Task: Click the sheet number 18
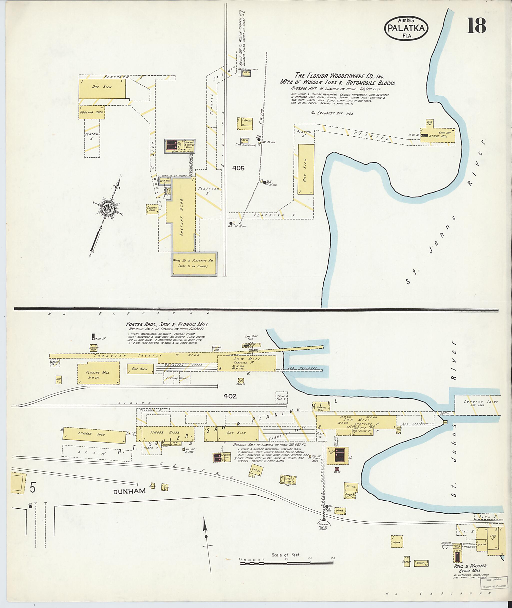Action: pos(476,25)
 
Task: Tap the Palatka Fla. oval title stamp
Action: pos(406,29)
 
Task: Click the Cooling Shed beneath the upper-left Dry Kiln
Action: pos(92,112)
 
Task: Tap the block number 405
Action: pos(238,168)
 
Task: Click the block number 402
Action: pos(230,396)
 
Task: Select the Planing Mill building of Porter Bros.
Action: pos(98,373)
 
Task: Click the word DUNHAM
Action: pos(129,491)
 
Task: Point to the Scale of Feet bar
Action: pos(286,563)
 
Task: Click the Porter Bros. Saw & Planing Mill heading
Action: pos(167,324)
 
